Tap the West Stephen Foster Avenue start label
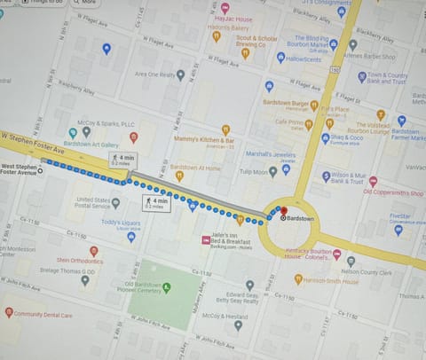[20, 169]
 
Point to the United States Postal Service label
[92, 203]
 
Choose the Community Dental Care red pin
[9, 311]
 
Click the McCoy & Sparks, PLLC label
[105, 124]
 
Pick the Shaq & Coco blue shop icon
[323, 137]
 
